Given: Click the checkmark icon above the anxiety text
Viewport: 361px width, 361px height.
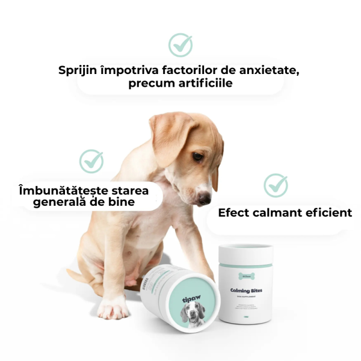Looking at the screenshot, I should [180, 45].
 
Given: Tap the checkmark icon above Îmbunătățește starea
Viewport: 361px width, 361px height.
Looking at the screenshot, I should [91, 161].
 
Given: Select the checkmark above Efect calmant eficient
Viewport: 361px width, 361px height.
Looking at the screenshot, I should [276, 185].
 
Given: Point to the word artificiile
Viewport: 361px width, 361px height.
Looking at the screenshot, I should [203, 84].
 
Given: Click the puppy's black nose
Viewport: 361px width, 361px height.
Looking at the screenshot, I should [205, 197].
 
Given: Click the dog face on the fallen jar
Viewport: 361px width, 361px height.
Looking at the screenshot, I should [192, 313].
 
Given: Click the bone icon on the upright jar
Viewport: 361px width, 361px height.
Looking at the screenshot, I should [245, 276].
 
